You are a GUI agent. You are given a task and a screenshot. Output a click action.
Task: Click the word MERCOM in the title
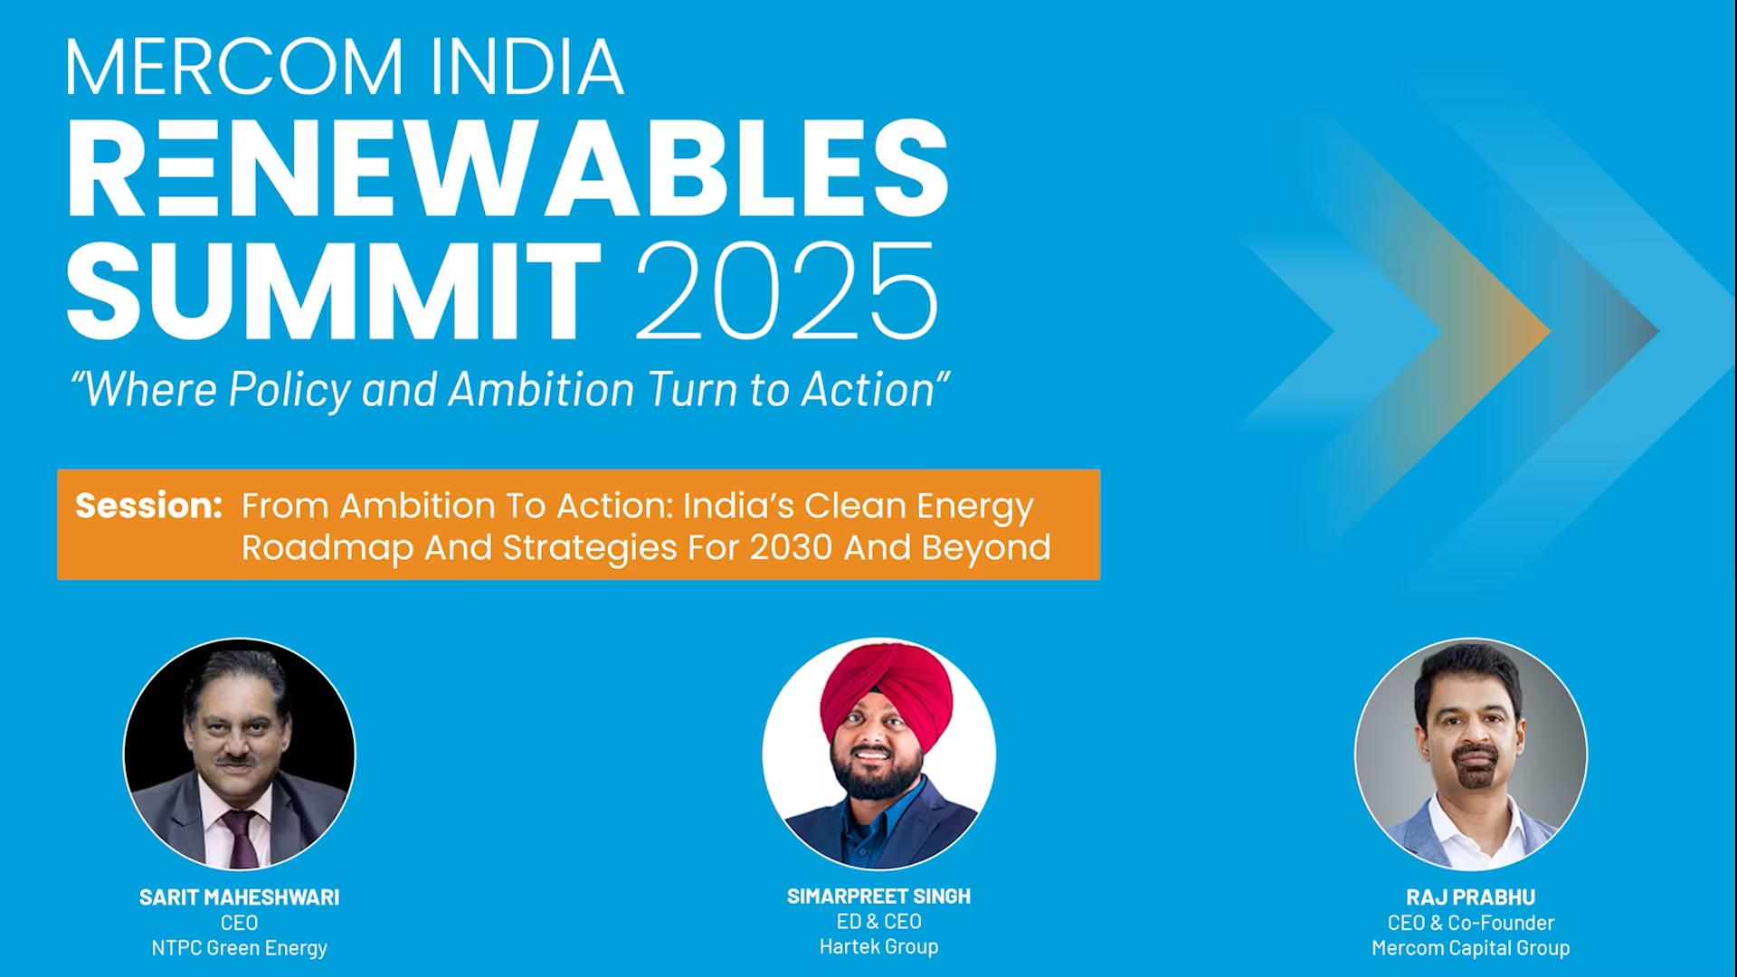coord(234,67)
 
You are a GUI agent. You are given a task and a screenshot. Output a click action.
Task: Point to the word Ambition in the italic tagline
coord(541,389)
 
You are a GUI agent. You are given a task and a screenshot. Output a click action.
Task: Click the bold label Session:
coord(148,505)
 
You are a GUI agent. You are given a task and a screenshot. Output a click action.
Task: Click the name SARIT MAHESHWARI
coord(239,897)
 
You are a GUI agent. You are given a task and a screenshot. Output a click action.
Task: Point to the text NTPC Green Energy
coord(239,948)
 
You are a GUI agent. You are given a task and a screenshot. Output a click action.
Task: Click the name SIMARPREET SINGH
coord(878,896)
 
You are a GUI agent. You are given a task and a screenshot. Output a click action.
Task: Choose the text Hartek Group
coord(878,947)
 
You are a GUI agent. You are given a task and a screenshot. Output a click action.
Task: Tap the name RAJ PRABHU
coord(1470,897)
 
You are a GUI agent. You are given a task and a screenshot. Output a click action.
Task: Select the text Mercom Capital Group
coord(1470,948)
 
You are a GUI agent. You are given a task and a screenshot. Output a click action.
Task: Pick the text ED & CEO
coord(878,922)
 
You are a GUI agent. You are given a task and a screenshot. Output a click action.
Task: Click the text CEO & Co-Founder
coord(1470,923)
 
